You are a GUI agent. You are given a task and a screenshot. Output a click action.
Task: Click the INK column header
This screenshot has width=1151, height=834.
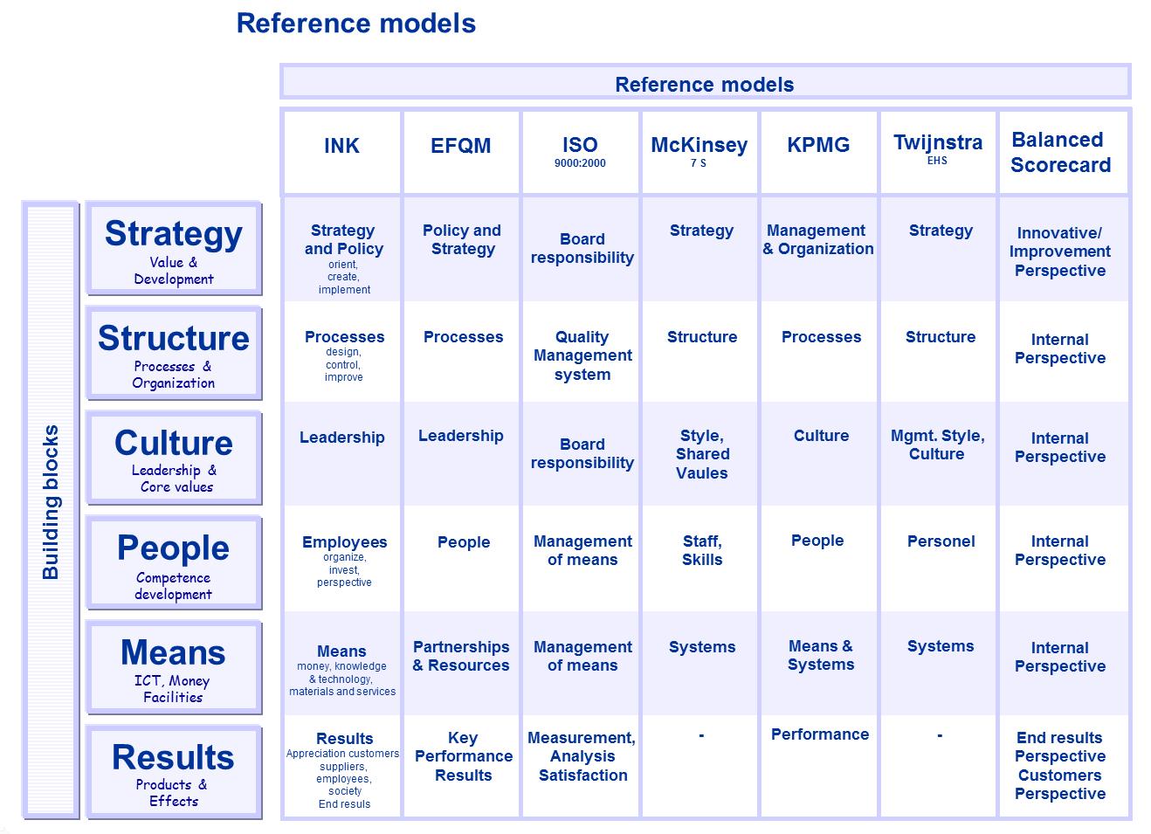tap(341, 146)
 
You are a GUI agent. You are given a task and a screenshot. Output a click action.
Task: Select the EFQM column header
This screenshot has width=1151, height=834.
tap(461, 146)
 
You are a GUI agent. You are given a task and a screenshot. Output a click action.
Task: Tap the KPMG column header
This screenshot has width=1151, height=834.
tap(818, 145)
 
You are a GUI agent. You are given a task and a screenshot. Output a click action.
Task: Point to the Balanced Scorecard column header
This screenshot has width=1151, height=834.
tap(1060, 153)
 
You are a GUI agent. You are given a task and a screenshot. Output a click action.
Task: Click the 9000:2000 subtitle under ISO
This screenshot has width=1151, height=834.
tap(580, 163)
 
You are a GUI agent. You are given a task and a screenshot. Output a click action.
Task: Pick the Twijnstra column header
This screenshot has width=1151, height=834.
tap(938, 142)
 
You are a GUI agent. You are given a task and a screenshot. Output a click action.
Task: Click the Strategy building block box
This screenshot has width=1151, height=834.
tap(174, 249)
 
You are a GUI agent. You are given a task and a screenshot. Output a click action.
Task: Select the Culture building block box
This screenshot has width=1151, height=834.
tap(174, 458)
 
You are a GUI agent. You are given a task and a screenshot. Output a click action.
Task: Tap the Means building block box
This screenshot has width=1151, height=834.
tap(174, 668)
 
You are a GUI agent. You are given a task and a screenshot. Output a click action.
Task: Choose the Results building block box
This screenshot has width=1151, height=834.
tap(174, 773)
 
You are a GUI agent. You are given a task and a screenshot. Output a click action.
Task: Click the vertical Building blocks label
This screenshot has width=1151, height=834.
tap(51, 502)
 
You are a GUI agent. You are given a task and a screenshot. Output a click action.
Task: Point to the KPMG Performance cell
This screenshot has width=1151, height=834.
tap(820, 734)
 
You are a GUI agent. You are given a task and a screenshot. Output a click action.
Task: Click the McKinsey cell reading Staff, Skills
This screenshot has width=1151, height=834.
tap(702, 550)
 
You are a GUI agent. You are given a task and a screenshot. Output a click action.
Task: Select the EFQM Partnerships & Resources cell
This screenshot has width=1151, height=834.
tap(461, 656)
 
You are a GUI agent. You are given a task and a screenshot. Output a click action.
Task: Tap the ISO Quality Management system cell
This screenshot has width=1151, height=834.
tap(582, 355)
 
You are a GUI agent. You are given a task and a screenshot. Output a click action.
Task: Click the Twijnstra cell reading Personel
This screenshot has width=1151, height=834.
tap(941, 541)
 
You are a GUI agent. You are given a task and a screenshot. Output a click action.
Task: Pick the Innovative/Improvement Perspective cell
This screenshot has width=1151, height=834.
tap(1060, 252)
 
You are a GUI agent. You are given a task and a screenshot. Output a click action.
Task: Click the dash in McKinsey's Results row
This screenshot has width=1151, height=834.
tap(701, 736)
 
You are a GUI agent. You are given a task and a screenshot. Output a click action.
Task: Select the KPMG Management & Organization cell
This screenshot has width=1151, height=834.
tap(818, 239)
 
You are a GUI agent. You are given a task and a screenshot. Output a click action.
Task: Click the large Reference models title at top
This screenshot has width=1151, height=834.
tap(356, 24)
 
